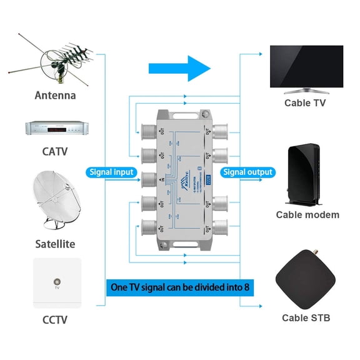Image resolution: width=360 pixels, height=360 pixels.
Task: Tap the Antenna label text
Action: (x=55, y=96)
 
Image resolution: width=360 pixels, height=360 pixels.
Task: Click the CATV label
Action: (x=55, y=151)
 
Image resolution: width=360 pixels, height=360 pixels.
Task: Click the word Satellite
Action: (x=55, y=244)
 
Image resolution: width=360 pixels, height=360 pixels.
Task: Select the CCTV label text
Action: (x=55, y=321)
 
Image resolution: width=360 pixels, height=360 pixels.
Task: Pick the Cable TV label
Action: (x=305, y=103)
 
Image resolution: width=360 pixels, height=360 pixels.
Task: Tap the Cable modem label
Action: (x=307, y=214)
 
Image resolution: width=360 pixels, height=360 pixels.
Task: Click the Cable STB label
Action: (x=306, y=318)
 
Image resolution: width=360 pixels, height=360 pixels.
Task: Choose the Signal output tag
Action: (x=248, y=172)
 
